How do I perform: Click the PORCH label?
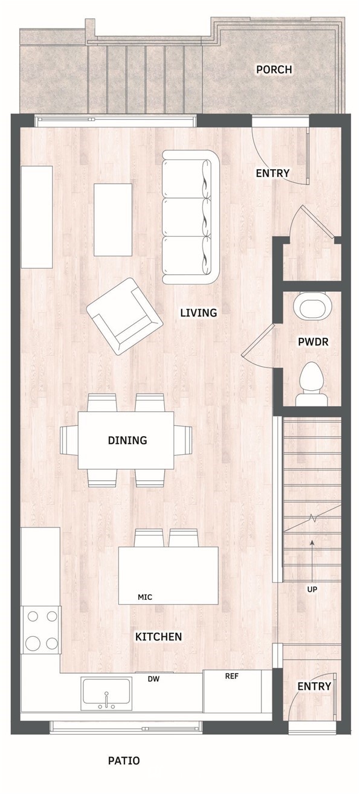click(x=274, y=69)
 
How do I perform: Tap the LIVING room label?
click(x=199, y=313)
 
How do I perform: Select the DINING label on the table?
click(x=127, y=440)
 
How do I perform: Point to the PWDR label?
click(x=313, y=342)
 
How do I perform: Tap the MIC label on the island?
click(x=145, y=597)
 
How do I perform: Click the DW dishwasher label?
click(x=154, y=679)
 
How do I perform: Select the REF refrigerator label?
click(x=232, y=676)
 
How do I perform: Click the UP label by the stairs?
click(x=312, y=589)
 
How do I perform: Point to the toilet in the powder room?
click(x=312, y=384)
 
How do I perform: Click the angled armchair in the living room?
click(x=124, y=316)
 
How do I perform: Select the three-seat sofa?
click(x=191, y=216)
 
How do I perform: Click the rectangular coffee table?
click(x=113, y=219)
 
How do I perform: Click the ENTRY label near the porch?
click(x=272, y=173)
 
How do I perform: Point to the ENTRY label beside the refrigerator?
click(x=314, y=686)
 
